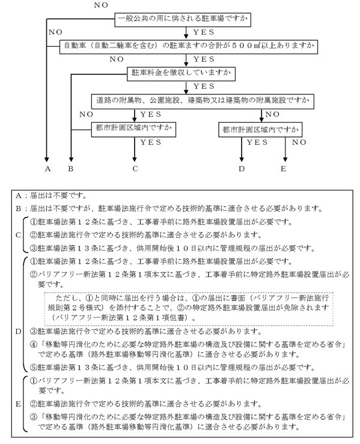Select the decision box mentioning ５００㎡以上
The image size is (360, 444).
pos(198,45)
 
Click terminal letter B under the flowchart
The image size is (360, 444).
pos(71,169)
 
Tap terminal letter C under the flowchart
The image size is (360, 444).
pos(136,169)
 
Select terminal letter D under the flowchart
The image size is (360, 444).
pos(242,169)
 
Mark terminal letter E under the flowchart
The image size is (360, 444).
pos(284,169)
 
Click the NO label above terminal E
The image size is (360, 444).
pos(299,143)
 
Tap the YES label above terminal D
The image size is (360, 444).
pos(257,143)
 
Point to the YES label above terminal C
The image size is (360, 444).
pos(150,143)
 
